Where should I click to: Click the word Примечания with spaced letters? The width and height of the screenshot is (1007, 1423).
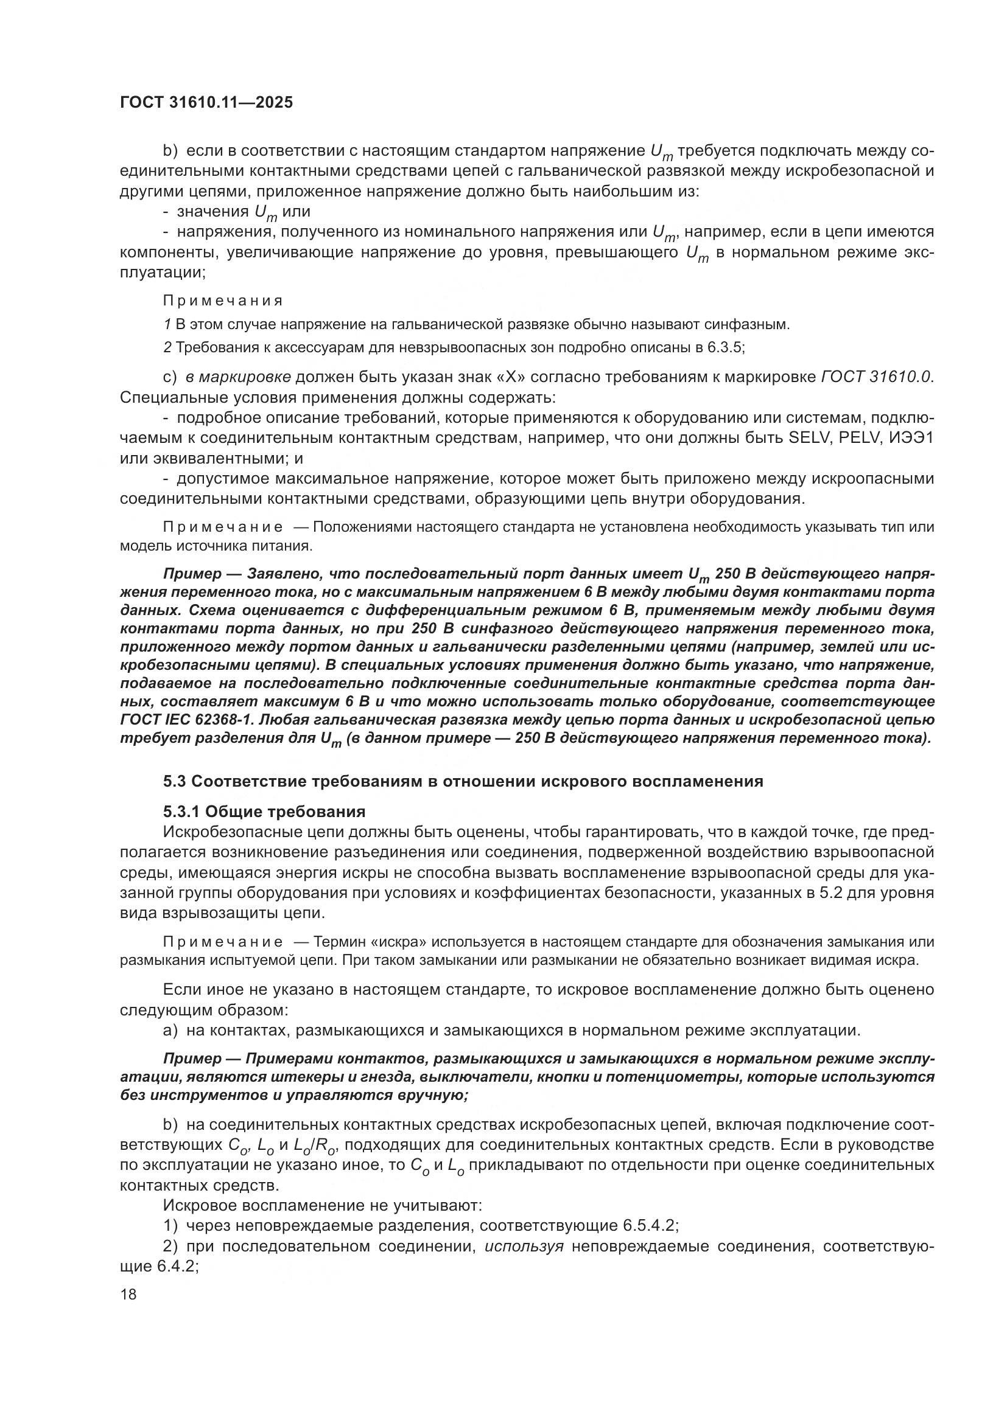223,301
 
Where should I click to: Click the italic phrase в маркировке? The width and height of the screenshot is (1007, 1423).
237,377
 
